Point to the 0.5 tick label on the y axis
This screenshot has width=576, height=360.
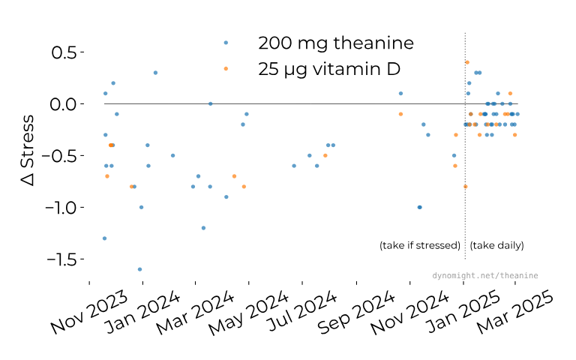(x=65, y=52)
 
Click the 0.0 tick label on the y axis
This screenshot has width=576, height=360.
(x=65, y=104)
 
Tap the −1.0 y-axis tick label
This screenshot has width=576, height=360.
(x=61, y=207)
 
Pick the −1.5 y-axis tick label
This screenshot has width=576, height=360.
(x=61, y=259)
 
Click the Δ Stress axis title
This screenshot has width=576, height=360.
(x=28, y=150)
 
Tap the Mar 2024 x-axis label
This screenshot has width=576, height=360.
(x=184, y=315)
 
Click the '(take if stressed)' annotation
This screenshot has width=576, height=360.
(x=419, y=245)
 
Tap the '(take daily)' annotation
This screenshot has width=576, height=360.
(x=496, y=245)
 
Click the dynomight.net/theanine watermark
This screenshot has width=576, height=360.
(x=485, y=276)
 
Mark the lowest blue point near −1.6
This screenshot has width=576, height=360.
(x=139, y=269)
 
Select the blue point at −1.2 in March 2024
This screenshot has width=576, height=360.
(x=203, y=228)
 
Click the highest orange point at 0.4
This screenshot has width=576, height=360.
(x=467, y=62)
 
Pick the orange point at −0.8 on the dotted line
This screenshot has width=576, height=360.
(x=465, y=186)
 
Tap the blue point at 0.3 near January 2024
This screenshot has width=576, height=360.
(x=155, y=73)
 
